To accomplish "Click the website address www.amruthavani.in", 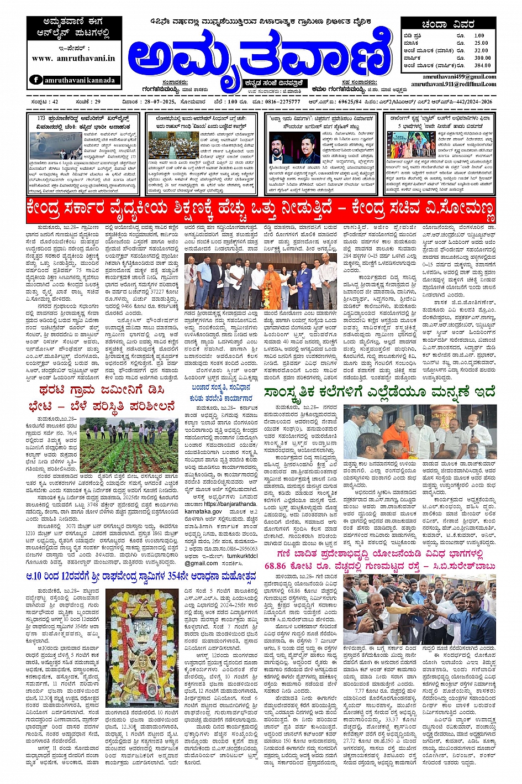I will pos(73,58).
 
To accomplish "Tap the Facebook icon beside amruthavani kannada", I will pos(36,80).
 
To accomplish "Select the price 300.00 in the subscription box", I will pos(482,58).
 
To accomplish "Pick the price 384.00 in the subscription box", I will pos(482,65).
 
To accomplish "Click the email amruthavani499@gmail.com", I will pos(459,77).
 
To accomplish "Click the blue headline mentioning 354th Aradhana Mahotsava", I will pos(141,576).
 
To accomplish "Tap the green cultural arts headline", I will pos(379,393).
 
